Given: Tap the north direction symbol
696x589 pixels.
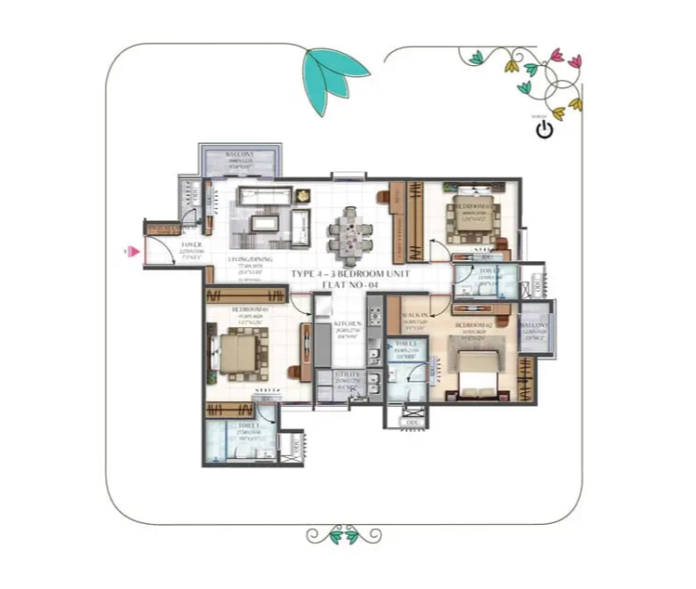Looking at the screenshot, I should [x=545, y=128].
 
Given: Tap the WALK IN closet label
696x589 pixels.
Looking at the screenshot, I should [x=414, y=317].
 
